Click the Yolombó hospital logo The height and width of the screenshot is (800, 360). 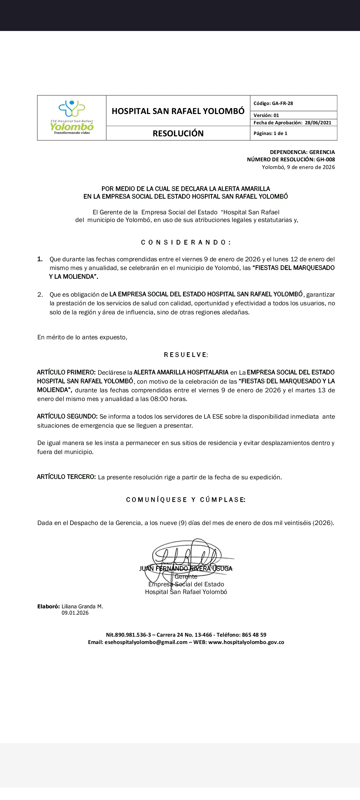tap(72, 117)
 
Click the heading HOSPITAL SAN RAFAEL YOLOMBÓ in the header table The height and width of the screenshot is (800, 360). tap(178, 111)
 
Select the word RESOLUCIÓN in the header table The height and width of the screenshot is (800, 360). tap(178, 133)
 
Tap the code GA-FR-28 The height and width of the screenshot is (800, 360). tap(282, 103)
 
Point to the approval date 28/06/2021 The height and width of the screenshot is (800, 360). tap(318, 123)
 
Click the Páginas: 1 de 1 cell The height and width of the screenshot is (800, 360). tap(270, 133)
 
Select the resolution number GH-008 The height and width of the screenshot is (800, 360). tap(326, 160)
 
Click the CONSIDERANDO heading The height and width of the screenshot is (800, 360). tap(186, 242)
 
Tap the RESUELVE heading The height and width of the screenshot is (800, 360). tap(186, 355)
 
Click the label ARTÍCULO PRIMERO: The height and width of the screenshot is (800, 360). tap(66, 372)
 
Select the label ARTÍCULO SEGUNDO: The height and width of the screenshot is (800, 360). tap(67, 416)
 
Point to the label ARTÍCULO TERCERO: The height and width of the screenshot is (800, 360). tap(66, 477)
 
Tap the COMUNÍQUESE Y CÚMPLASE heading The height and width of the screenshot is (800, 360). tap(186, 500)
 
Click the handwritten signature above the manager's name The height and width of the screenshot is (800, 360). tap(187, 555)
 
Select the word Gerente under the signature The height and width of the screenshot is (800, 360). tap(186, 577)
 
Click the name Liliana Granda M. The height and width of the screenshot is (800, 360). tap(82, 606)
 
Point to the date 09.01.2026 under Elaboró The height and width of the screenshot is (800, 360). tap(75, 613)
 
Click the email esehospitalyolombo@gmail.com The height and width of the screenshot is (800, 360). tap(146, 642)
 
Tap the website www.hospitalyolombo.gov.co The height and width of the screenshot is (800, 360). tap(246, 642)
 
